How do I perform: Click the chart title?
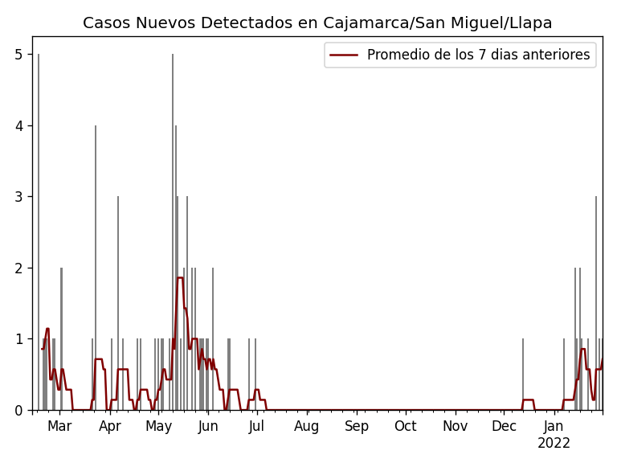[317, 23]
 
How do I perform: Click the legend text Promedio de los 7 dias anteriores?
[478, 55]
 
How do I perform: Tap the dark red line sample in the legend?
[344, 55]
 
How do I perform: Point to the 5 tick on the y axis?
[18, 55]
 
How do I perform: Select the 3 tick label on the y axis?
[18, 197]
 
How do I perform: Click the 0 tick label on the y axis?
[18, 410]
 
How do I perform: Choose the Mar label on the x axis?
[59, 426]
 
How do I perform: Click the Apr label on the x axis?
[110, 426]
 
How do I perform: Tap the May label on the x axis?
[158, 426]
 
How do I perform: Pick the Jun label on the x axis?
[208, 426]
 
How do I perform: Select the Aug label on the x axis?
[307, 426]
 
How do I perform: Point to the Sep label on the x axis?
[357, 426]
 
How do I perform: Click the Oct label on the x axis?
[405, 426]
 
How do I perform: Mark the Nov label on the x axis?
[455, 426]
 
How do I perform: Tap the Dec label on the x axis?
[504, 426]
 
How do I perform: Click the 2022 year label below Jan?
[554, 444]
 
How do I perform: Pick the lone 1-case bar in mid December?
[523, 375]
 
